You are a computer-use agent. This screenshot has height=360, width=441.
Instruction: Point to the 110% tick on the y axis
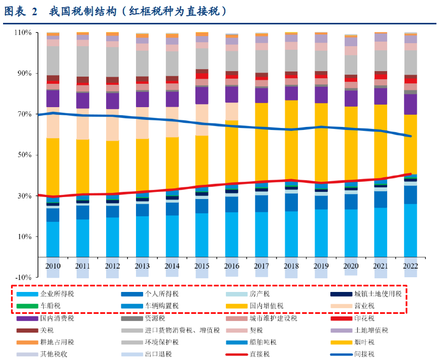[24, 32]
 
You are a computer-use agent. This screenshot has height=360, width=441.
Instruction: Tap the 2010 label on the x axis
[52, 266]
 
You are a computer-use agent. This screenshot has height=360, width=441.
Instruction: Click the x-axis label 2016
[231, 266]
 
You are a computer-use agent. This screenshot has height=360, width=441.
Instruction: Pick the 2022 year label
[411, 266]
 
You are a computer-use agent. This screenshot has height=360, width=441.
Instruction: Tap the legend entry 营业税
[364, 306]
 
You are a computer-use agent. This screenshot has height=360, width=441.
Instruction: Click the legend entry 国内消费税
[57, 318]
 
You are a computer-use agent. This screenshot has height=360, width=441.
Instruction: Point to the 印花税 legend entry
[364, 318]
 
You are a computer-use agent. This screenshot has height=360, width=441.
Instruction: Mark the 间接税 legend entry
[364, 354]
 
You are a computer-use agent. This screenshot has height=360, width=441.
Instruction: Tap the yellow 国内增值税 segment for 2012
[112, 167]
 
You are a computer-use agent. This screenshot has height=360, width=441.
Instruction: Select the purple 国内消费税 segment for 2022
[411, 104]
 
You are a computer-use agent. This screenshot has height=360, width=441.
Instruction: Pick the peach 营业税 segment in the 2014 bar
[172, 122]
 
